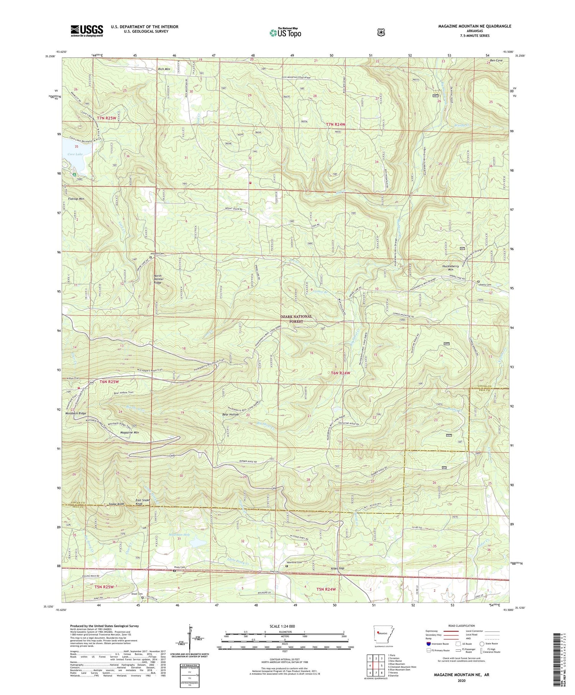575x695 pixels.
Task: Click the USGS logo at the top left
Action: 87,31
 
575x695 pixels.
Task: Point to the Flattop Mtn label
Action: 76,199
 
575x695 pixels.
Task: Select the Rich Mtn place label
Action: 164,69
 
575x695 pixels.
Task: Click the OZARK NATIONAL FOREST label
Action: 296,319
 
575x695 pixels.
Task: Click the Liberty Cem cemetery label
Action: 485,285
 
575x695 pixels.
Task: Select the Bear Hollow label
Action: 230,414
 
